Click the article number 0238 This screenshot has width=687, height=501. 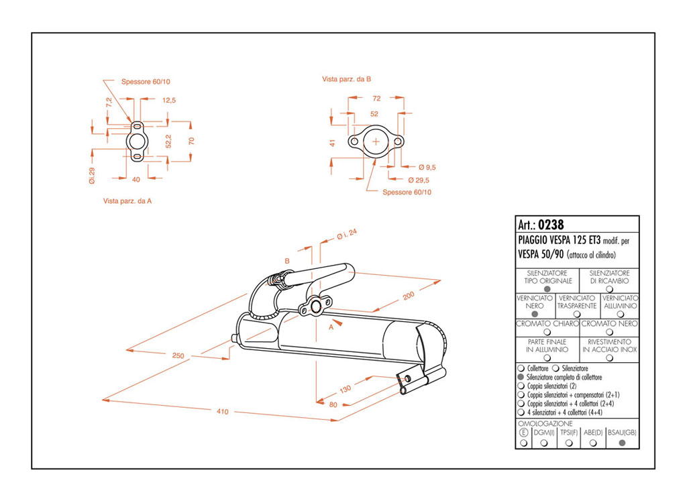point(551,225)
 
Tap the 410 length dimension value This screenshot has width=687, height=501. point(222,412)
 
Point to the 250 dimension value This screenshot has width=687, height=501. point(178,355)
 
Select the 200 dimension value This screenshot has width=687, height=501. point(409,295)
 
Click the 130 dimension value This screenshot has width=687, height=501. point(346,389)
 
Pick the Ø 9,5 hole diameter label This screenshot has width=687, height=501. point(427,166)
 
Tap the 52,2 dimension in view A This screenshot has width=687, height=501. point(168,141)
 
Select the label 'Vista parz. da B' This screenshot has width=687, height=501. point(347,79)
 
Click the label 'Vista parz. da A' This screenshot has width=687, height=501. point(127,201)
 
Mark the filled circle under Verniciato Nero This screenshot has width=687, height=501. point(535,314)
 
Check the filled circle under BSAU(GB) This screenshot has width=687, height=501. point(622,443)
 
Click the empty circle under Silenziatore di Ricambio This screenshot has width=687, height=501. point(609,289)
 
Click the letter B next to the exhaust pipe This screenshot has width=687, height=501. point(286,261)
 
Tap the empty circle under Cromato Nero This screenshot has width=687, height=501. point(609,331)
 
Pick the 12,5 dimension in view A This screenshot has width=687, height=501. point(169,100)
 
